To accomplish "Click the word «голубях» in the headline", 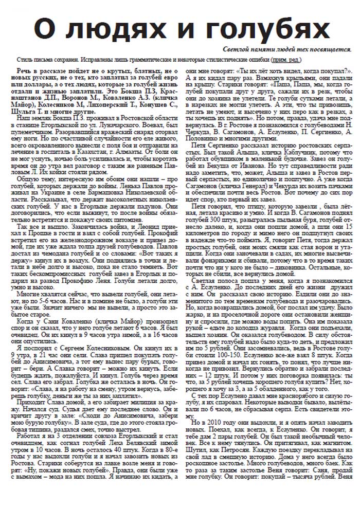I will [x=264, y=27].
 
